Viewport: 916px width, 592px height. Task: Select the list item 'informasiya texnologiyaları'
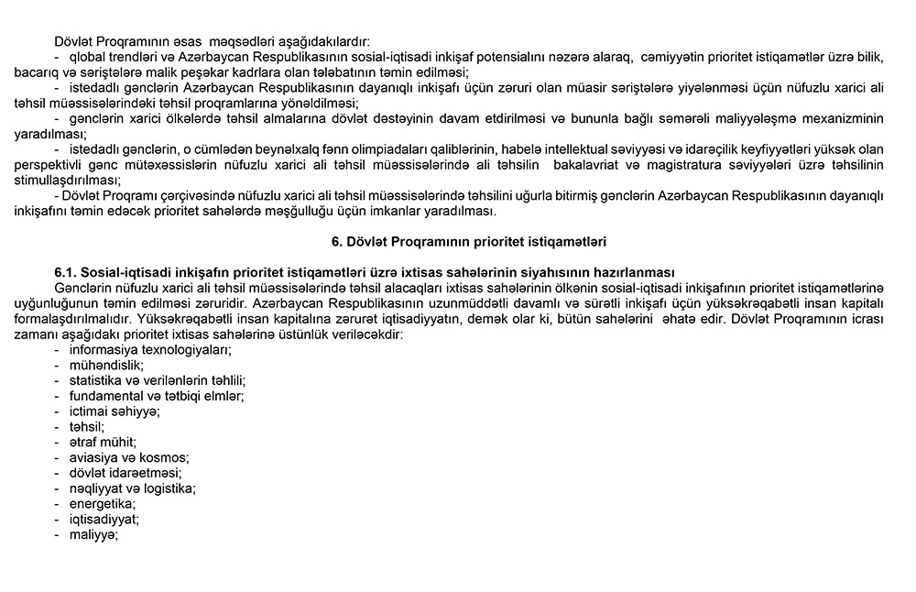pyautogui.click(x=144, y=349)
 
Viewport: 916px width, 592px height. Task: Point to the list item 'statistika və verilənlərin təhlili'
pyautogui.click(x=150, y=380)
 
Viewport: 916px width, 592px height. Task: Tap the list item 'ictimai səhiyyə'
pyautogui.click(x=107, y=411)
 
